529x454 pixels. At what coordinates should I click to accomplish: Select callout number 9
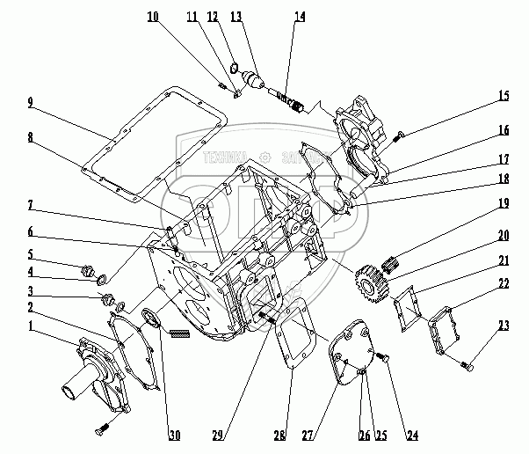30,103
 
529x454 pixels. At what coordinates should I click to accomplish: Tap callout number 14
301,18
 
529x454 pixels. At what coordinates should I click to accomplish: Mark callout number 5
30,256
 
